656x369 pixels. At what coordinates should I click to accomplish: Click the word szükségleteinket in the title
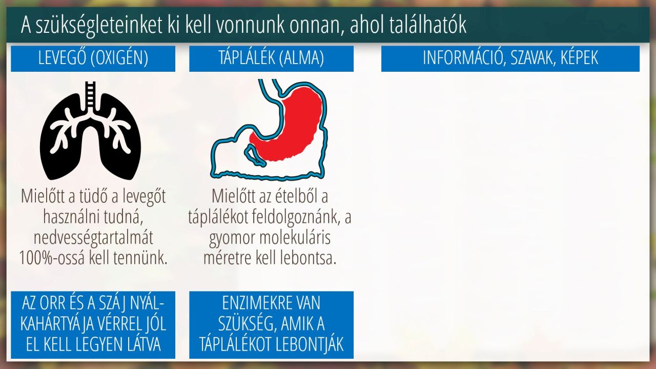tap(99, 26)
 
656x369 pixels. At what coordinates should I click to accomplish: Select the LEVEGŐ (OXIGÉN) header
tap(93, 58)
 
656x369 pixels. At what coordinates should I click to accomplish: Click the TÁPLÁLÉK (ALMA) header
tap(271, 58)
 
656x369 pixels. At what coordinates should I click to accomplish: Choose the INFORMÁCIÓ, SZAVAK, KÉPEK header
tap(510, 58)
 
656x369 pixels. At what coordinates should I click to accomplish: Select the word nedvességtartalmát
tap(93, 237)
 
